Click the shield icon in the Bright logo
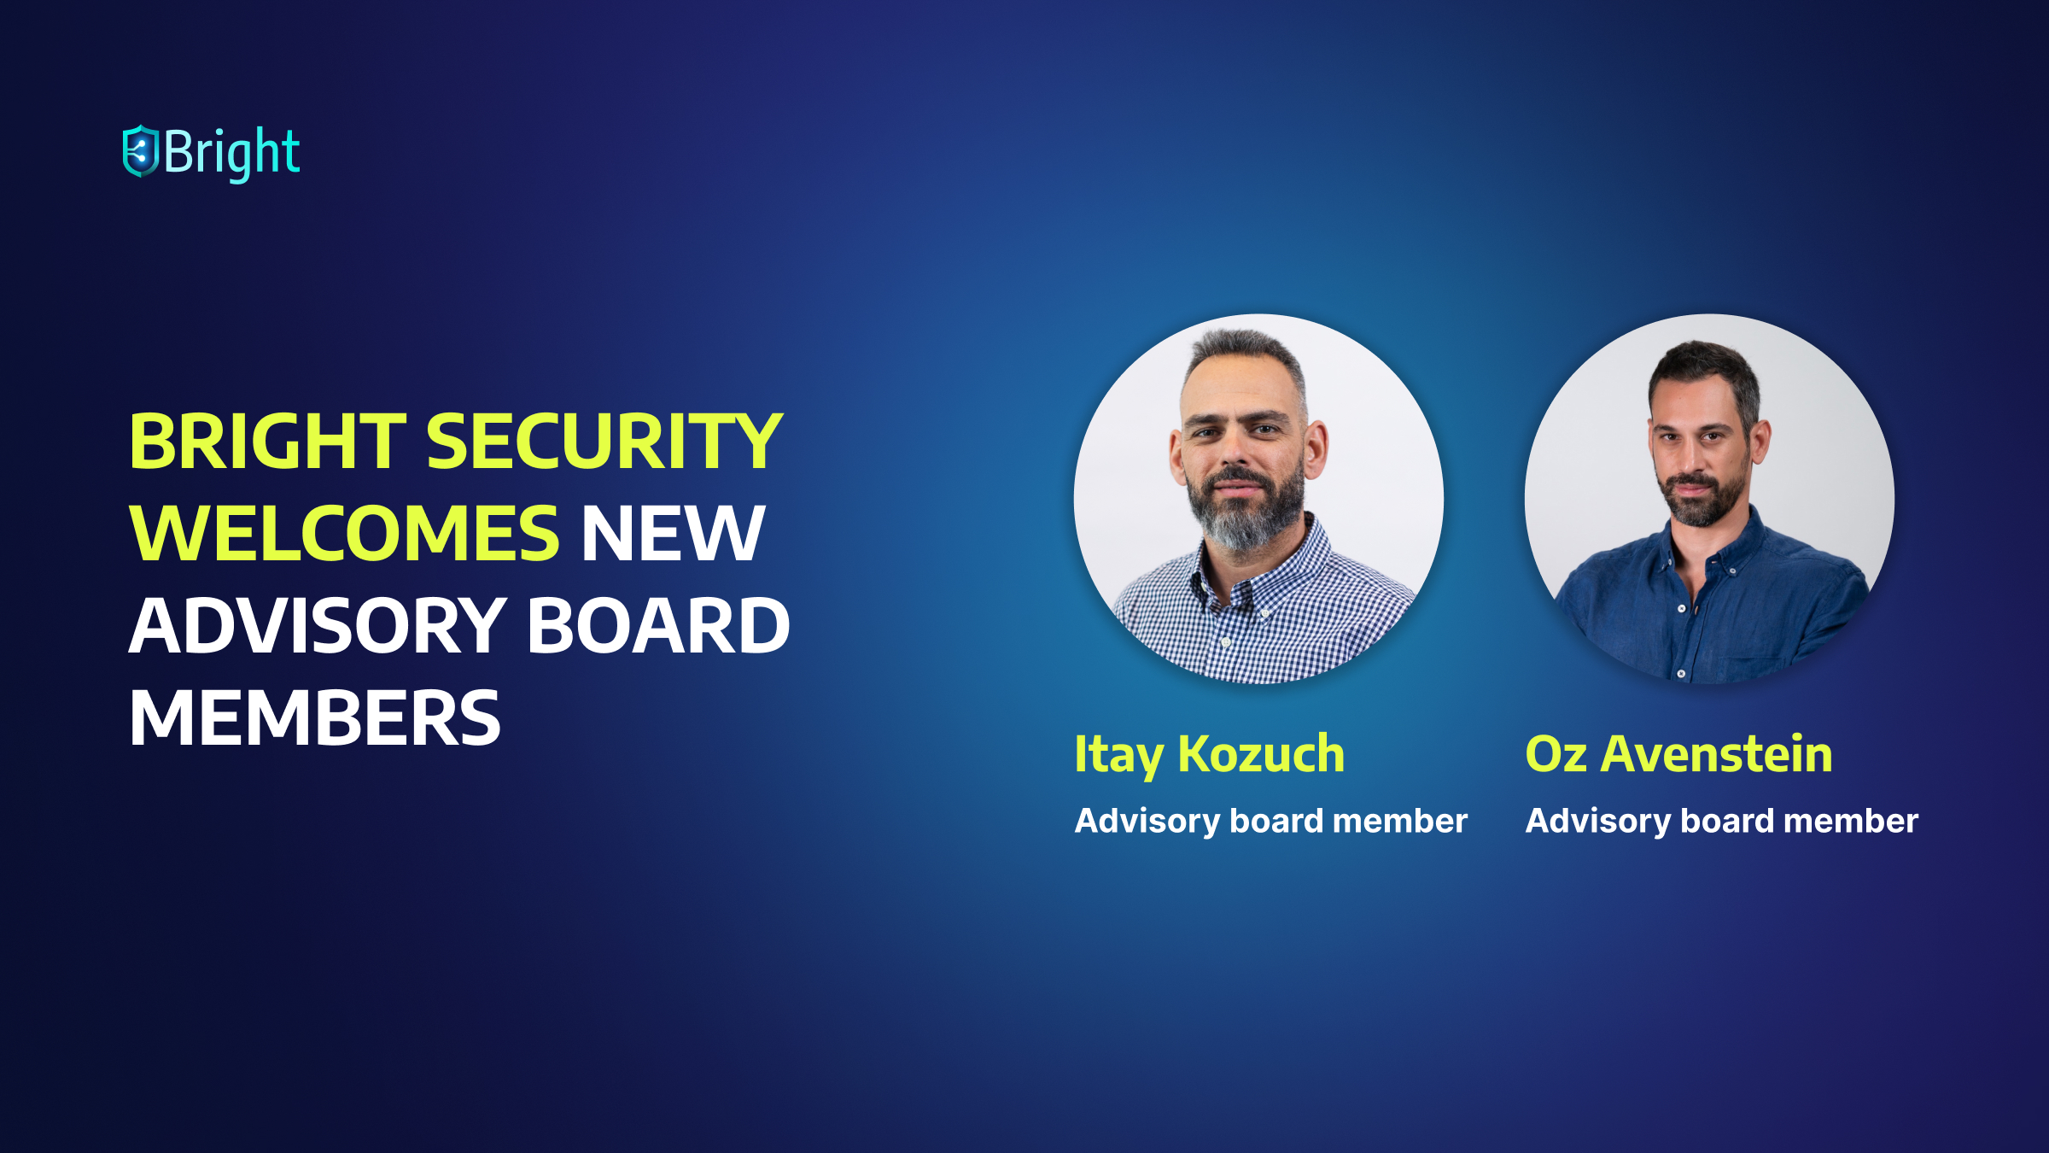coord(141,151)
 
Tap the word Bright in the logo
coord(231,154)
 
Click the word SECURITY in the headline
coord(604,441)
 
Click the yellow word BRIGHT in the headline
coord(267,441)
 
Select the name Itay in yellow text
coord(1118,756)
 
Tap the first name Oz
coord(1556,754)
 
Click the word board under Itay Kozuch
coord(1276,820)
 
